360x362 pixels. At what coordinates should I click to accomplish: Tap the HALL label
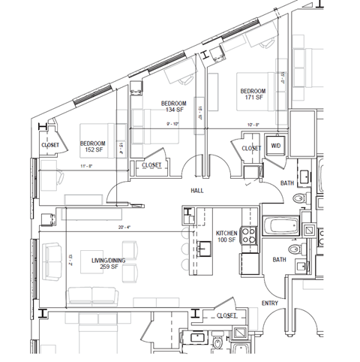(x=197, y=191)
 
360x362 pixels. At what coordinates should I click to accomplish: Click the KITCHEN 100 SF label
(x=226, y=237)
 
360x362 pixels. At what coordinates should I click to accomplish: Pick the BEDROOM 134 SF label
(x=175, y=107)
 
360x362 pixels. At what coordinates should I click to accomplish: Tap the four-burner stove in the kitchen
(x=250, y=238)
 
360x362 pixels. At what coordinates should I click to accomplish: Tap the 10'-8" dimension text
(x=253, y=125)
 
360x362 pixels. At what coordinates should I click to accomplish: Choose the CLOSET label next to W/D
(x=252, y=149)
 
